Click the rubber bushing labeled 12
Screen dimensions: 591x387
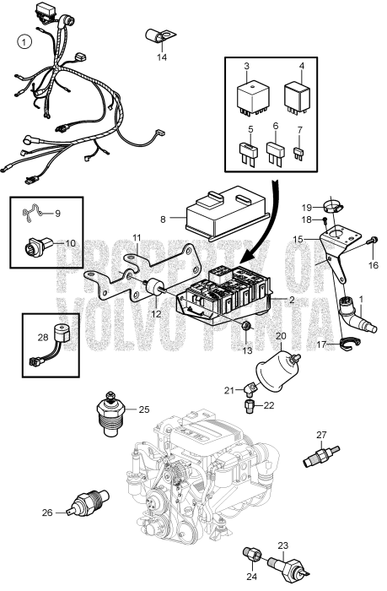pyautogui.click(x=155, y=291)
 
